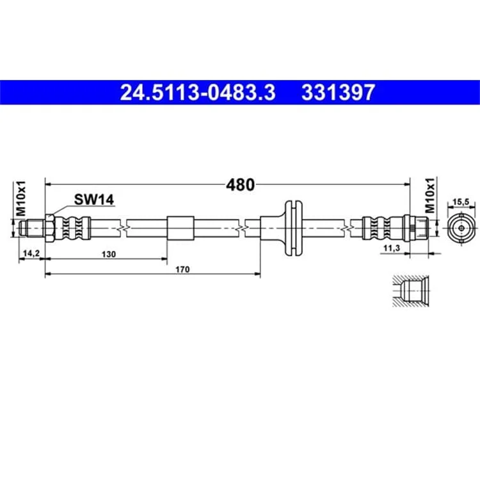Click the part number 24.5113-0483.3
point(198,92)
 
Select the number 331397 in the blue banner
point(338,92)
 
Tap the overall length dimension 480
point(240,184)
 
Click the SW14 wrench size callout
point(94,200)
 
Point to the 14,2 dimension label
point(32,253)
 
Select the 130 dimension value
point(109,254)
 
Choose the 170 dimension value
point(182,269)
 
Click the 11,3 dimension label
point(392,248)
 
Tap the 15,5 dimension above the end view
point(461,202)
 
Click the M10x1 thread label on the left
point(21,198)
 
